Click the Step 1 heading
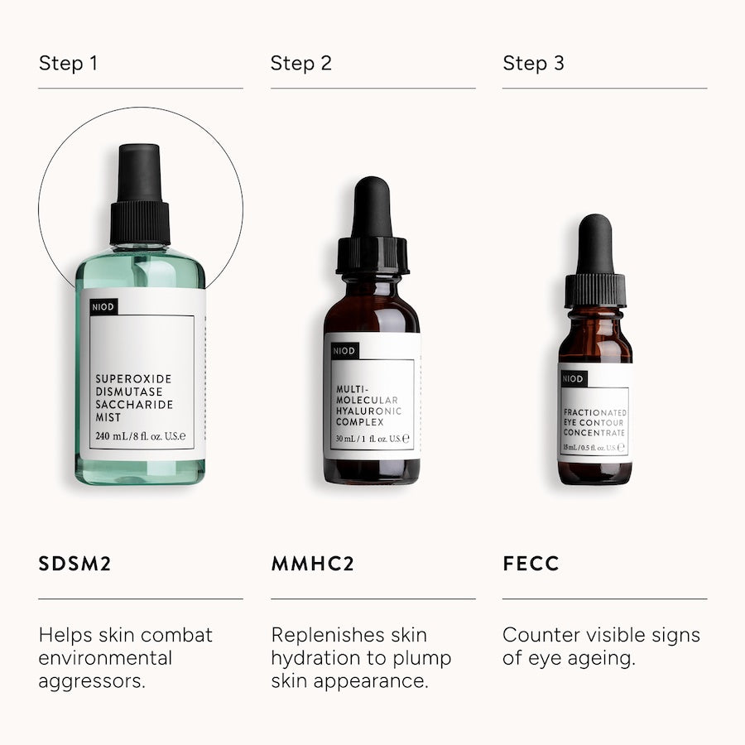coord(69,63)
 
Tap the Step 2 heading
coord(300,63)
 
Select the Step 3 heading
coord(533,63)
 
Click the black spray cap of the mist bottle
coord(140,195)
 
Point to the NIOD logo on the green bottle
coord(103,307)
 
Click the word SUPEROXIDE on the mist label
coord(133,378)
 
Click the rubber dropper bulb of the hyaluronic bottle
coord(372,207)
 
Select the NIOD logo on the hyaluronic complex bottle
coord(344,351)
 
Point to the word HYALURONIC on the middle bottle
coord(368,411)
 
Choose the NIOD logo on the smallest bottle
coord(573,378)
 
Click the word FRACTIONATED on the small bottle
coord(595,412)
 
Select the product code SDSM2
coord(74,564)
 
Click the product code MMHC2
coord(313,564)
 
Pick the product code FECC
coord(531,564)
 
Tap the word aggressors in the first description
coord(92,682)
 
